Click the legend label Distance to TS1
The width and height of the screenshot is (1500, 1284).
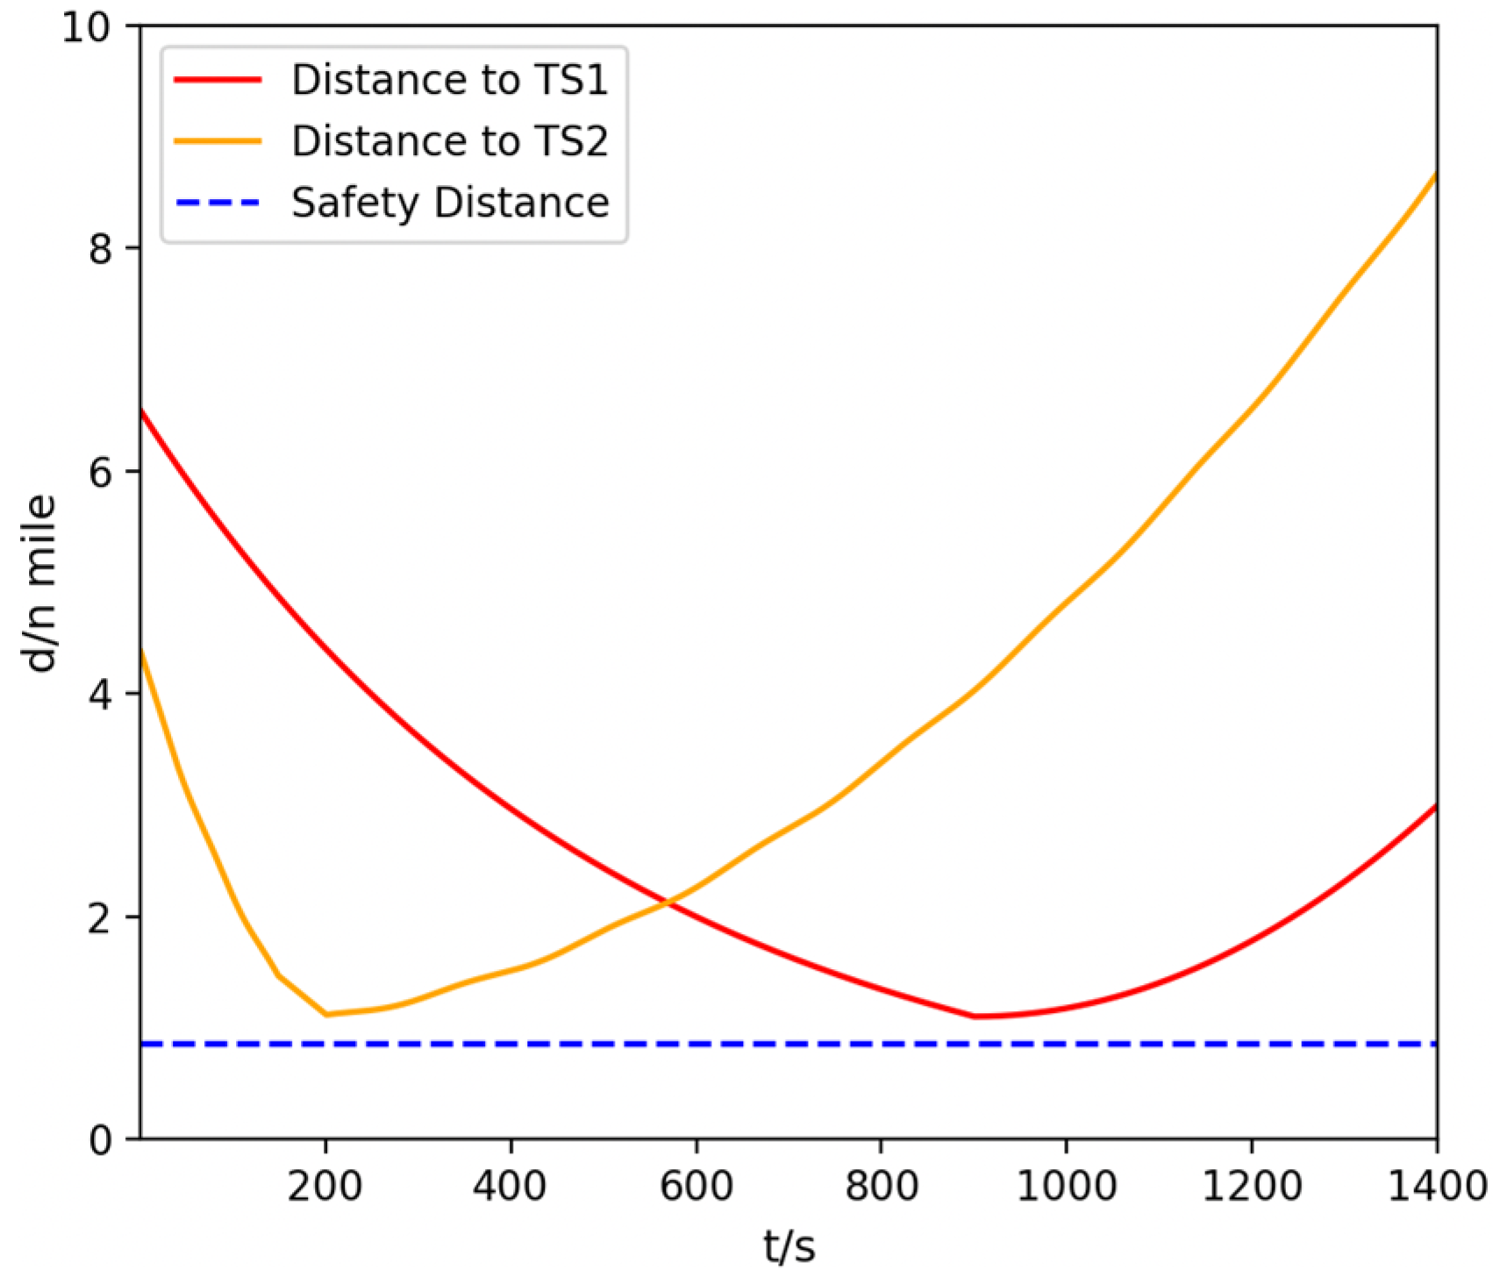click(x=449, y=80)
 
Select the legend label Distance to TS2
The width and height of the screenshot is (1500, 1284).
click(x=449, y=141)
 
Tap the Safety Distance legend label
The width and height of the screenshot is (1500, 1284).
click(x=450, y=203)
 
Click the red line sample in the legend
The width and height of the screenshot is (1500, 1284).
click(x=218, y=80)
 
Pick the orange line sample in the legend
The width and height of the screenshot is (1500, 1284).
click(x=218, y=141)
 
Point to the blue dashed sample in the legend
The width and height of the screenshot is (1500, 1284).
click(x=218, y=203)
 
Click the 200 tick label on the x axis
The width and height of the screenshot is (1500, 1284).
click(x=325, y=1187)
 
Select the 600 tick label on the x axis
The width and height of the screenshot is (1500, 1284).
click(x=696, y=1187)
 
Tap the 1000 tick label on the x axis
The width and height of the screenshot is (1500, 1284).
click(x=1066, y=1187)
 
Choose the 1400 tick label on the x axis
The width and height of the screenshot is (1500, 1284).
click(x=1437, y=1187)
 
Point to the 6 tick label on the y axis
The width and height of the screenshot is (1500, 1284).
click(x=101, y=472)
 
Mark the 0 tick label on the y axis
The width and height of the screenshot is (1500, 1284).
click(x=101, y=1139)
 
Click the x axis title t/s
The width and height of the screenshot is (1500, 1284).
click(x=789, y=1246)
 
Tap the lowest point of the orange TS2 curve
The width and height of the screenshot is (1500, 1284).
click(x=326, y=1014)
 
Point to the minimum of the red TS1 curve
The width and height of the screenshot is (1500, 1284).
click(x=975, y=1016)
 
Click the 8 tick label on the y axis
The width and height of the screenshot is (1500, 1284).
click(x=101, y=249)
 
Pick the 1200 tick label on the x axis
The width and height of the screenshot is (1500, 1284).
click(x=1252, y=1187)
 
